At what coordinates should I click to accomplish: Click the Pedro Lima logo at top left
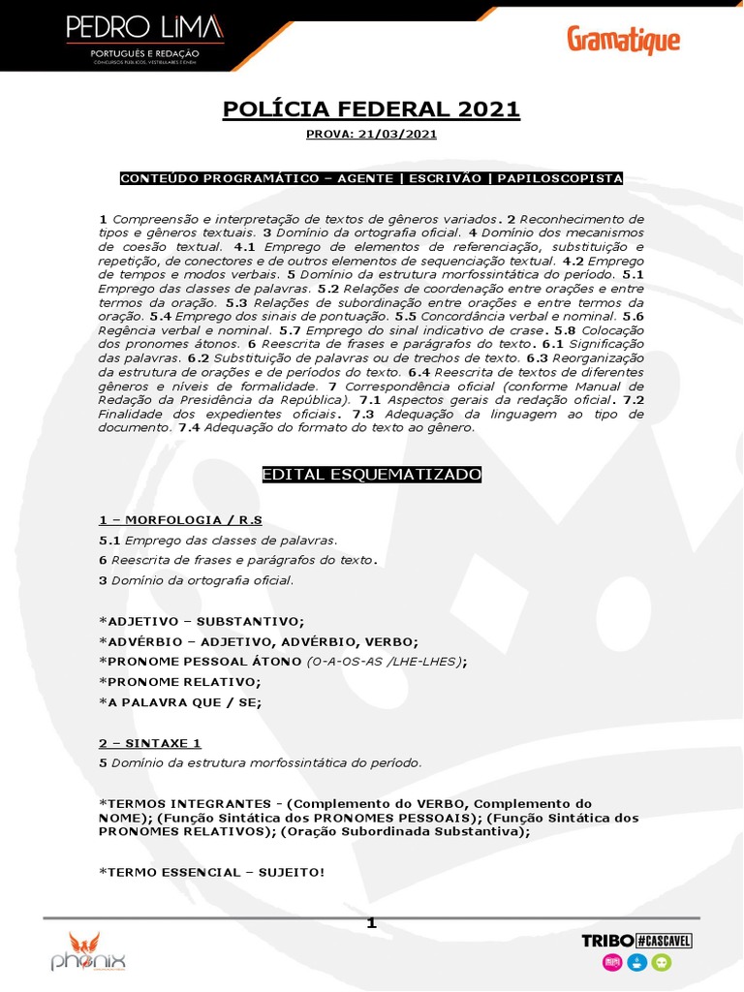point(145,40)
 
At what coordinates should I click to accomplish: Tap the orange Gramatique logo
point(623,41)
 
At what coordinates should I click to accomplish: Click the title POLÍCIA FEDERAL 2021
point(372,109)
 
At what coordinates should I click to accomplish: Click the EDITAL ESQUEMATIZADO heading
point(372,475)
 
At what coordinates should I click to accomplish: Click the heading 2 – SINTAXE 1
point(149,743)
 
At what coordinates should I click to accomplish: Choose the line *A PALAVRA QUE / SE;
point(180,701)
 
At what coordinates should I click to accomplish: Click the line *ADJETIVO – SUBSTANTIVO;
point(201,621)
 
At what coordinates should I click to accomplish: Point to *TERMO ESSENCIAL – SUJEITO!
point(212,872)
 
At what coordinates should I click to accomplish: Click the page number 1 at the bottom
point(371,923)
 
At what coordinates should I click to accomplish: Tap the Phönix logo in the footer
point(88,951)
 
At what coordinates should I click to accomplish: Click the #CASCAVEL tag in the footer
point(664,941)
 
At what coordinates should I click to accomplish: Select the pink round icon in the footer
point(611,962)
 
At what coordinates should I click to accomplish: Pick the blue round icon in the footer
point(636,962)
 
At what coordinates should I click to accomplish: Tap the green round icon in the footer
point(661,962)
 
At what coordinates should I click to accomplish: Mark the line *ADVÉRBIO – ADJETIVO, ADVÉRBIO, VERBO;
point(259,641)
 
